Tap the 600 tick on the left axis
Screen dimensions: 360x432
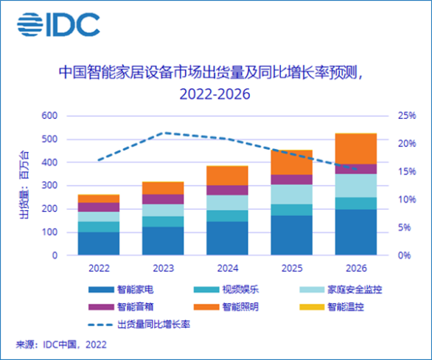tap(49, 116)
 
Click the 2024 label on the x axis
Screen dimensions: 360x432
tap(227, 270)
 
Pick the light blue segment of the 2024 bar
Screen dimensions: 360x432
tap(227, 203)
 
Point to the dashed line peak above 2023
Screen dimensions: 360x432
tap(163, 133)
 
